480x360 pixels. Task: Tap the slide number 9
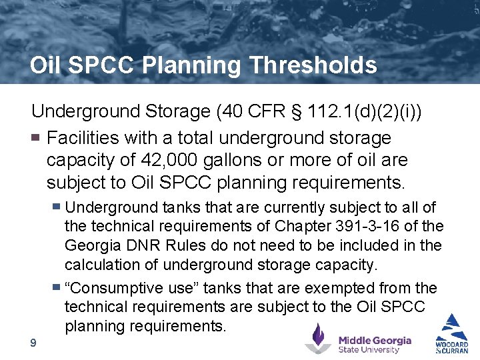[x=33, y=343]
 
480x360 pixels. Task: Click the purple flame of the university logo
[x=319, y=333]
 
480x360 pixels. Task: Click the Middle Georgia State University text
[x=375, y=344]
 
